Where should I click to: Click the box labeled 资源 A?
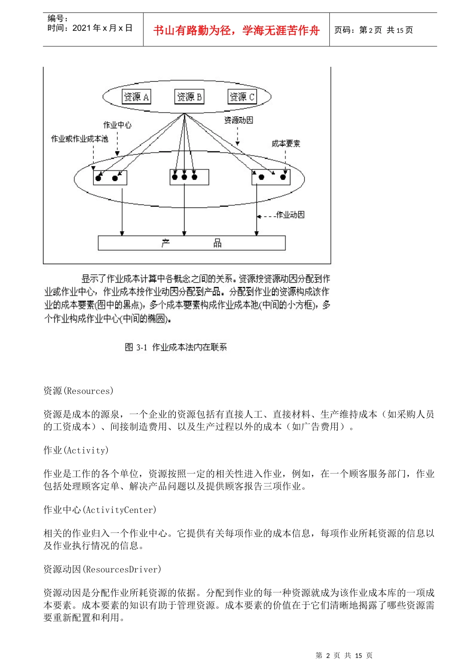[x=137, y=97]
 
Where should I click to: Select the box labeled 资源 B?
[x=190, y=97]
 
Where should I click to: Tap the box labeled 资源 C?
[x=242, y=97]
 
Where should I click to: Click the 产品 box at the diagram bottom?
[x=192, y=243]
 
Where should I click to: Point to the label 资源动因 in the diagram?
[x=238, y=120]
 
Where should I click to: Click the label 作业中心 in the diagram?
[x=117, y=125]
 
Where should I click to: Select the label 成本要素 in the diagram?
[x=286, y=144]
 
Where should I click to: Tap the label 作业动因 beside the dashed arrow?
[x=290, y=215]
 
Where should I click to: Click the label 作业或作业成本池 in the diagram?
[x=79, y=139]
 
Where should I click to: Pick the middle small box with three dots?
[x=189, y=177]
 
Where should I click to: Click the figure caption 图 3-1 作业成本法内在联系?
[x=176, y=347]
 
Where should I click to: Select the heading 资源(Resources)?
[x=78, y=391]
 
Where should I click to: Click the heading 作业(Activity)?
[x=76, y=450]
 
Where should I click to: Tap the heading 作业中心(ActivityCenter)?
[x=100, y=509]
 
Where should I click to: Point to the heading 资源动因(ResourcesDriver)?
[x=102, y=569]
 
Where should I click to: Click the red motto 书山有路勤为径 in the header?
[x=236, y=30]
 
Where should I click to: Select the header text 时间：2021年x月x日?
[x=90, y=28]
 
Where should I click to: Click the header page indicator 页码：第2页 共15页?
[x=374, y=30]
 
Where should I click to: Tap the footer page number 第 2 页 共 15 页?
[x=344, y=655]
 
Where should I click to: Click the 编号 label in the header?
[x=58, y=18]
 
